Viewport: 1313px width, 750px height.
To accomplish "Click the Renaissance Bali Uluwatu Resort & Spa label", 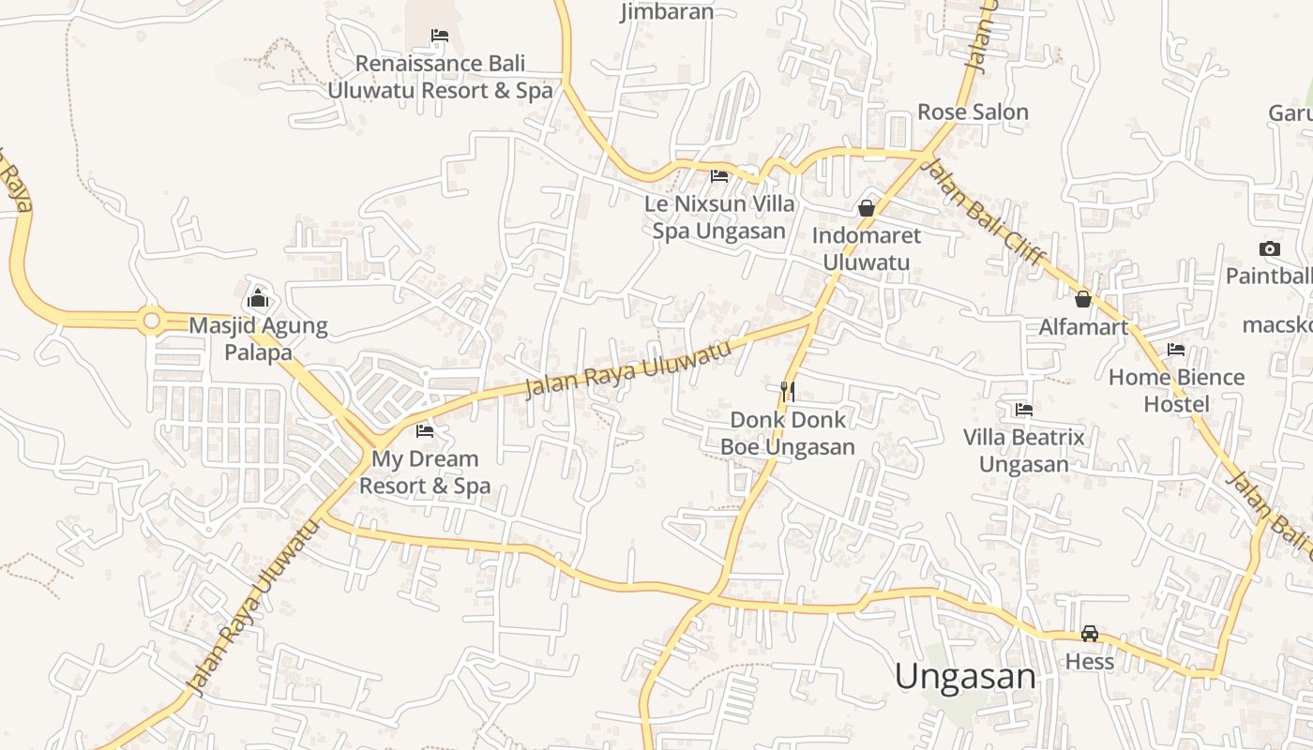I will point(440,77).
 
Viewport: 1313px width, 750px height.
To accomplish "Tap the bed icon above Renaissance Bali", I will point(440,36).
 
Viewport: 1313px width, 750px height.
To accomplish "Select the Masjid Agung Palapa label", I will point(258,339).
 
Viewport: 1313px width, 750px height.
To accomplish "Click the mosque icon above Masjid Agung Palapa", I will point(258,299).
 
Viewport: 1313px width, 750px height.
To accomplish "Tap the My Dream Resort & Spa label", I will point(425,472).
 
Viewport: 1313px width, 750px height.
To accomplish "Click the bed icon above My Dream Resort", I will point(425,431).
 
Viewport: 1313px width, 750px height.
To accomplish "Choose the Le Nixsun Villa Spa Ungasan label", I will point(719,217).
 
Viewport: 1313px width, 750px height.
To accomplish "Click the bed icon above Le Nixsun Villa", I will point(719,175).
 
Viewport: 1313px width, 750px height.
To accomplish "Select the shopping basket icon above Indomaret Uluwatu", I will point(867,207).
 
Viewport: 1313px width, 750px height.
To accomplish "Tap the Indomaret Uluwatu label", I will point(867,248).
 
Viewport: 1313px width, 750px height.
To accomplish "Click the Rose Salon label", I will point(973,112).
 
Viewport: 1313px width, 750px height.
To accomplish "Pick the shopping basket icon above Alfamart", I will point(1083,299).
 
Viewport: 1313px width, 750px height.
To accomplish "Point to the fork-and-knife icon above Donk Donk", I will point(788,391).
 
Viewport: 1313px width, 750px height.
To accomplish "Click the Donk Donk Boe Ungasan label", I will point(788,433).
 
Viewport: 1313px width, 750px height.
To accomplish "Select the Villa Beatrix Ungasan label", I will point(1024,451).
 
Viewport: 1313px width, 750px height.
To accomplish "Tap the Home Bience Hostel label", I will point(1176,391).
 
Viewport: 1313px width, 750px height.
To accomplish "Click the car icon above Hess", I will point(1090,634).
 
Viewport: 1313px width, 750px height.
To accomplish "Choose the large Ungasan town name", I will point(965,676).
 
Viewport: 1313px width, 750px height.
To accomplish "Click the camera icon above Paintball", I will point(1270,248).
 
